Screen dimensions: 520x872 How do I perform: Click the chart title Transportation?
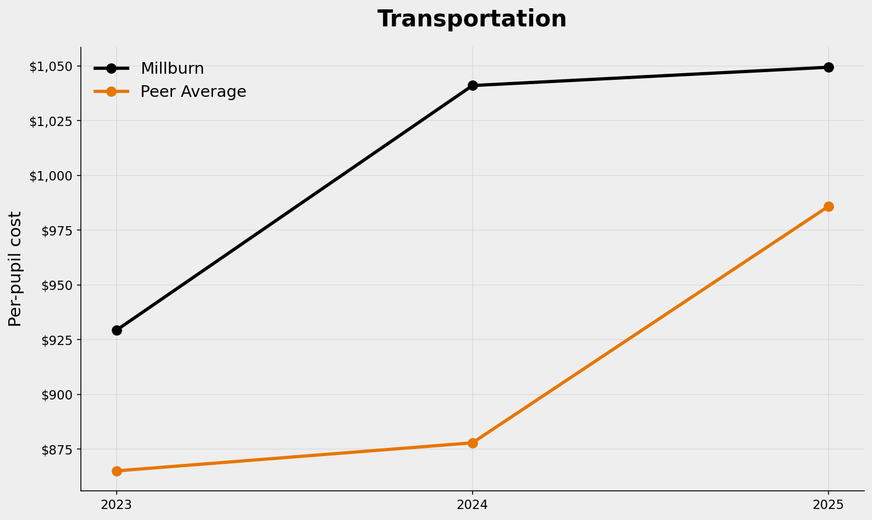coord(471,19)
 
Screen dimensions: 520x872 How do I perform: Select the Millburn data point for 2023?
coord(117,330)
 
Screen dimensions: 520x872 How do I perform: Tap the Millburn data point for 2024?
coord(473,85)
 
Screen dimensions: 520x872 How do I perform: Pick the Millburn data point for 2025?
coord(829,67)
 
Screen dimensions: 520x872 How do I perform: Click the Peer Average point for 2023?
coord(117,471)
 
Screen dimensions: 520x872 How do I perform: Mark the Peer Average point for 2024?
coord(473,443)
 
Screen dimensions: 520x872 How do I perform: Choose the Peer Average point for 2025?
coord(829,206)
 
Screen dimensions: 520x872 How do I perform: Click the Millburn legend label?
coord(172,69)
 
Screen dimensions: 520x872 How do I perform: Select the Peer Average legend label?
coord(193,92)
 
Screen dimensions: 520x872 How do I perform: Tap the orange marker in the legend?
coord(111,91)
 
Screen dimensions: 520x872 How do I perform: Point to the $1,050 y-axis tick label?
coord(51,67)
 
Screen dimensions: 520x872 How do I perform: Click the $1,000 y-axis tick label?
coord(51,176)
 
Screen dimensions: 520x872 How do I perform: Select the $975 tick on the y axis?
coord(57,231)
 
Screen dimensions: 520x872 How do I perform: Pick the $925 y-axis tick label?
coord(57,340)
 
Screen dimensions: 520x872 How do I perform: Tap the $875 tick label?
coord(57,450)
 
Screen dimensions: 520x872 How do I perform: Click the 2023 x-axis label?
coord(117,505)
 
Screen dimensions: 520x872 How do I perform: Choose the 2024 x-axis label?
coord(473,505)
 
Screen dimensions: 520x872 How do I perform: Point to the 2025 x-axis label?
coord(829,505)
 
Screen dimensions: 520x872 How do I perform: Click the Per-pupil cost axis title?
coord(15,269)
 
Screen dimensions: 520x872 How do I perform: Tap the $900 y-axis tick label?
coord(57,395)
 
